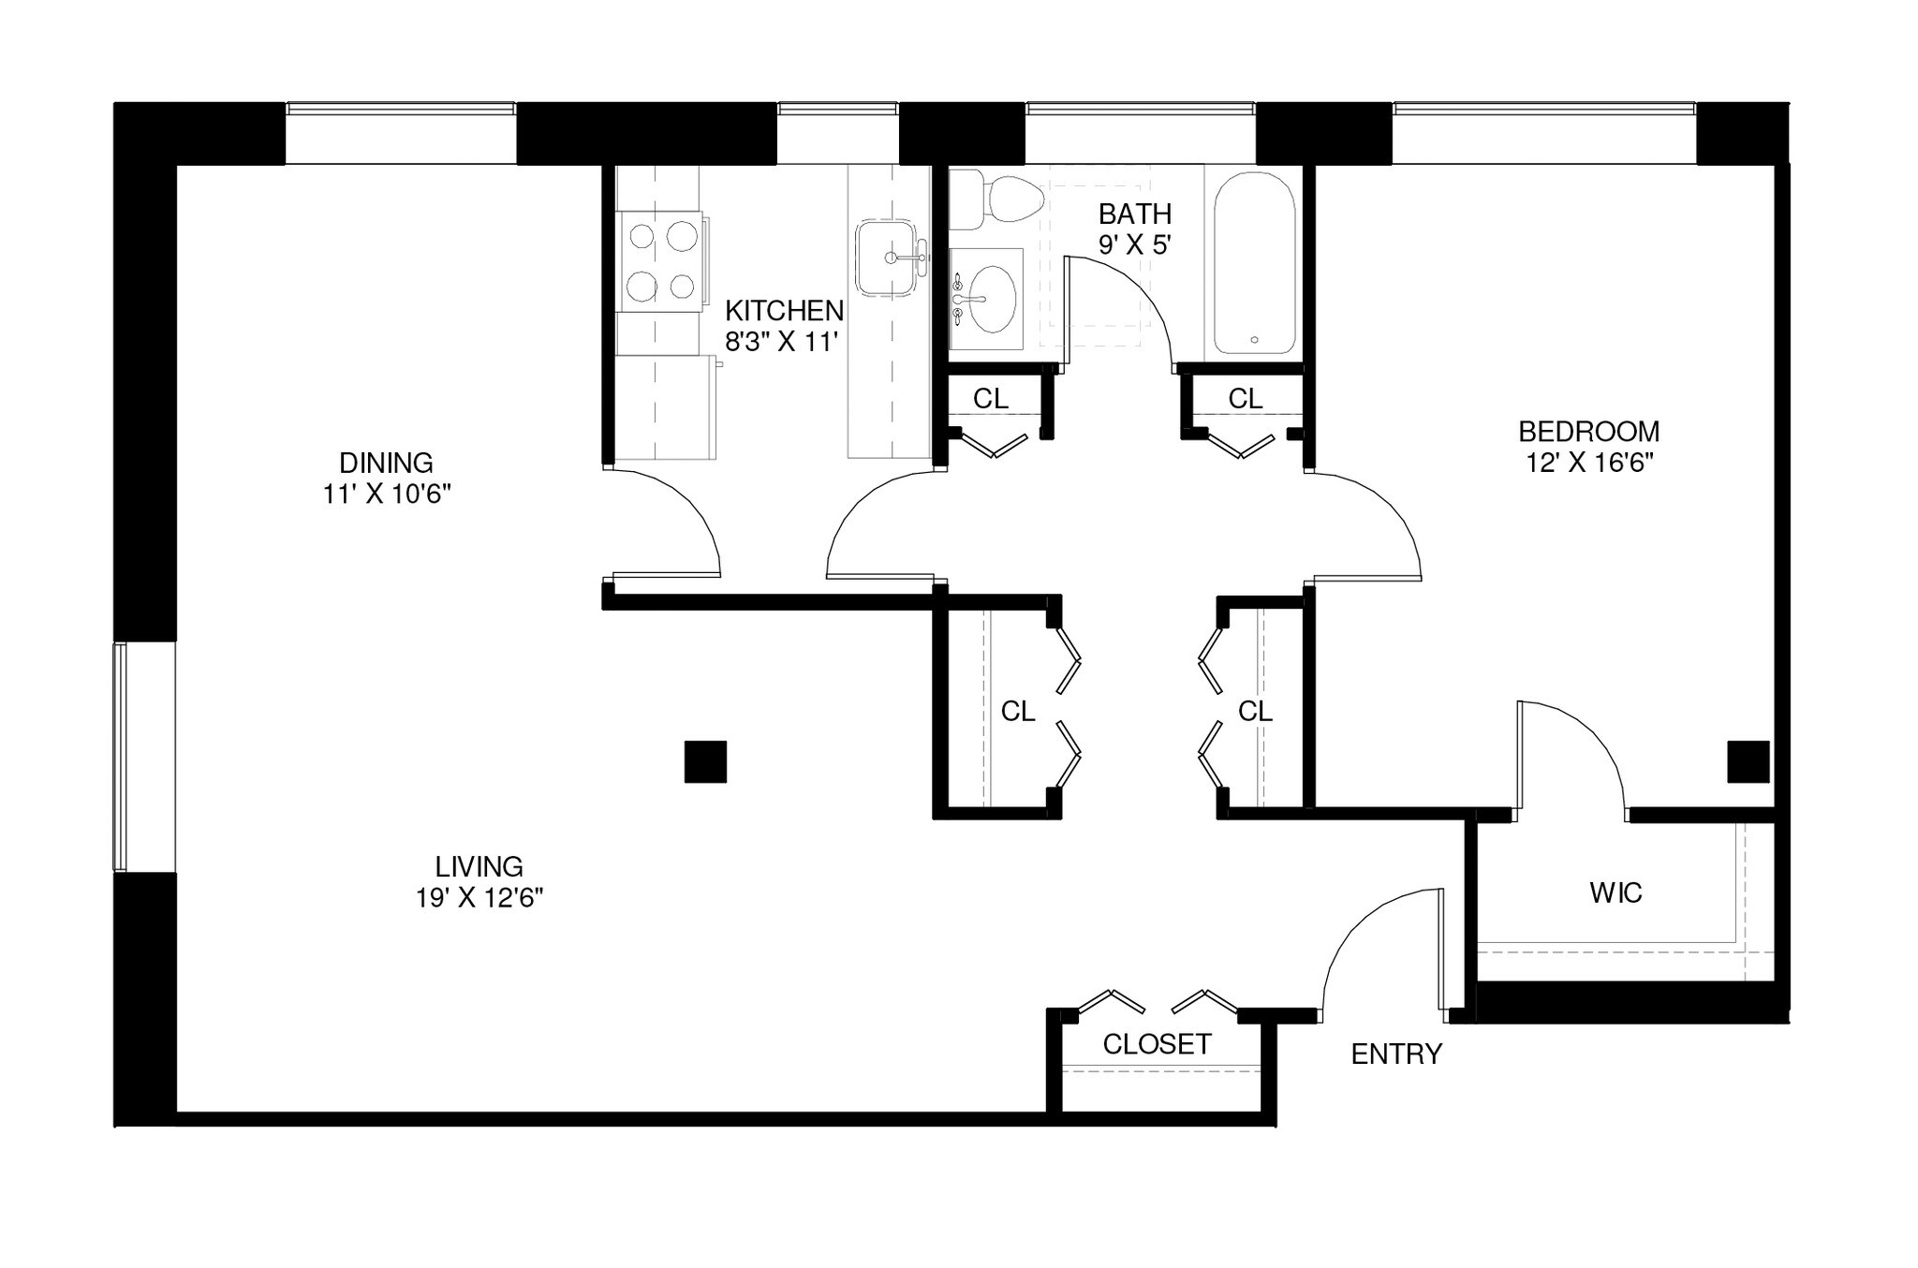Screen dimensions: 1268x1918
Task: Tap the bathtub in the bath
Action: (x=1255, y=263)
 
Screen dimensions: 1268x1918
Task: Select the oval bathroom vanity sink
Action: (x=991, y=299)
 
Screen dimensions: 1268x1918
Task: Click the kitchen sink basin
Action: (x=885, y=258)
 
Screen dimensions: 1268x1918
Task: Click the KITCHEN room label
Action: (x=784, y=310)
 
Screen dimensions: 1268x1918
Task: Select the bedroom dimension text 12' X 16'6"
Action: (x=1588, y=463)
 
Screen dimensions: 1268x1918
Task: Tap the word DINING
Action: (x=386, y=463)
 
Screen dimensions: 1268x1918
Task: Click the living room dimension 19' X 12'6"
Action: (x=479, y=898)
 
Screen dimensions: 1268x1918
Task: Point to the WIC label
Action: (x=1616, y=892)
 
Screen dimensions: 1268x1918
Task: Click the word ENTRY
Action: (x=1395, y=1054)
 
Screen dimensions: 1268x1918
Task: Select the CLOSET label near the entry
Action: (x=1157, y=1044)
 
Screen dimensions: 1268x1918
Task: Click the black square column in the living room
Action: (x=705, y=761)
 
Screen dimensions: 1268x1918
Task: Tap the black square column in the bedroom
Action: (x=1748, y=761)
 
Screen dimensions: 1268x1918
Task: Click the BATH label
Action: (x=1135, y=214)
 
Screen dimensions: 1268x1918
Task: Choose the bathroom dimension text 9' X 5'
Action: (x=1135, y=245)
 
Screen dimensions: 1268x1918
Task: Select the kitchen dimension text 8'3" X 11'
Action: (x=779, y=342)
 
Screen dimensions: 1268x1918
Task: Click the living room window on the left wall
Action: (x=120, y=757)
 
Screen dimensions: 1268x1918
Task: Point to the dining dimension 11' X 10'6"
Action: (x=387, y=494)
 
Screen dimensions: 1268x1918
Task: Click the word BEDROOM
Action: (x=1588, y=432)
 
